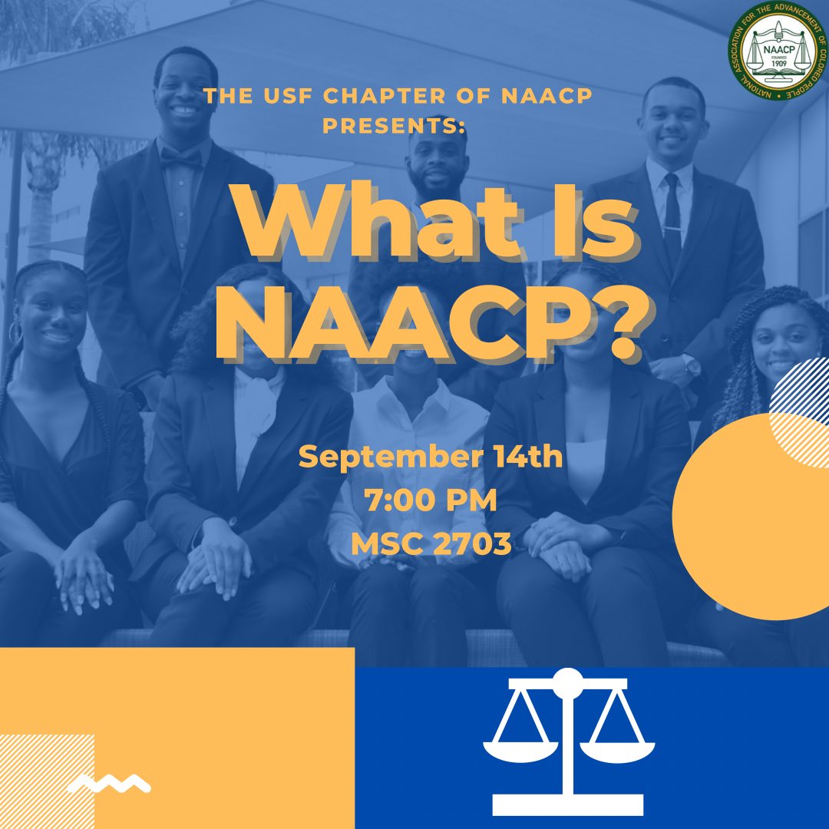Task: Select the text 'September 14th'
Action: point(431,459)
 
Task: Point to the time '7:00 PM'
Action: point(431,502)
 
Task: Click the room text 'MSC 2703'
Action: point(431,544)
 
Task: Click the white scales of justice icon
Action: point(568,741)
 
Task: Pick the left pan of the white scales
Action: point(521,748)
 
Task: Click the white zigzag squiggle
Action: point(108,784)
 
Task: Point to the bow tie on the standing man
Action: point(181,157)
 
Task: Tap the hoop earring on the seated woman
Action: point(15,332)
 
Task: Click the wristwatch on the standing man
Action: point(693,368)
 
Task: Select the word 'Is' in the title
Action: point(572,223)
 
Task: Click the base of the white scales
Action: point(568,804)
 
